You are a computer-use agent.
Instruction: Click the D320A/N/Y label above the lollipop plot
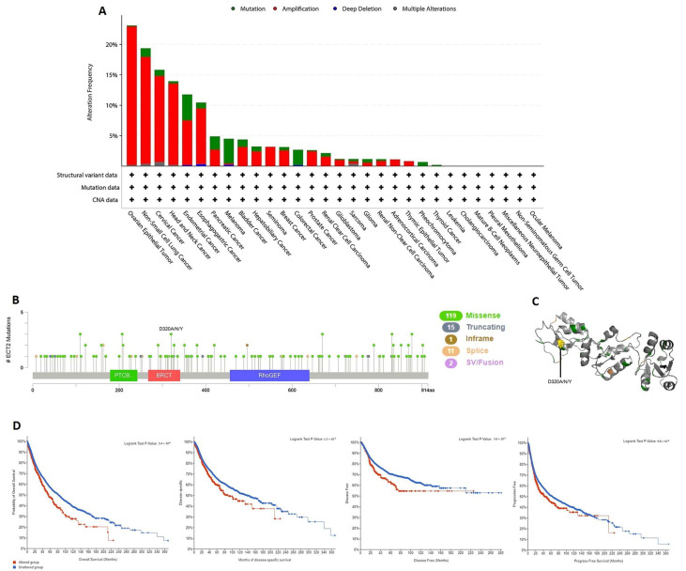click(x=173, y=329)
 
